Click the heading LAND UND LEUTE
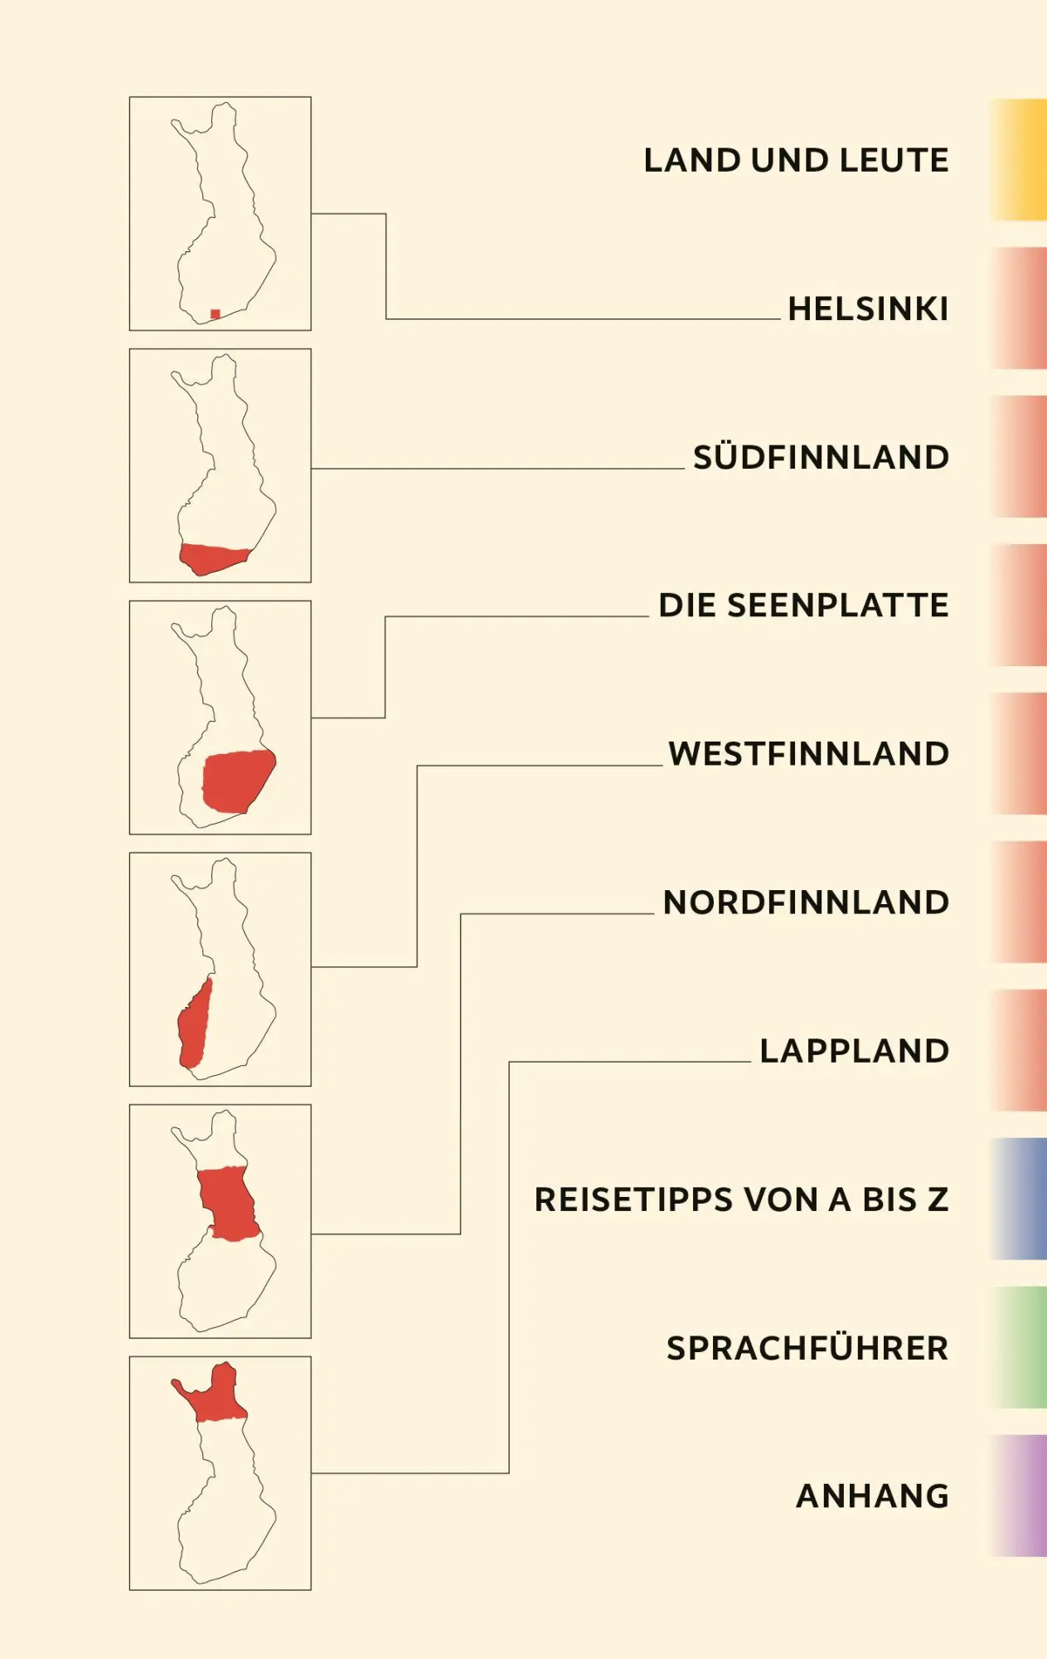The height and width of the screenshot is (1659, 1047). coord(796,161)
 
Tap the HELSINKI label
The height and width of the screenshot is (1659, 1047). coord(868,309)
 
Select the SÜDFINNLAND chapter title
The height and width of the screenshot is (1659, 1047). coord(821,456)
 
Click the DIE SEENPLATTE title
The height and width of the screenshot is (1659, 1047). coord(803,606)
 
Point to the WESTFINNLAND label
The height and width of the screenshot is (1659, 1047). coord(808,754)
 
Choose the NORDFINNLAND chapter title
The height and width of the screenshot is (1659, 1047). coord(806,902)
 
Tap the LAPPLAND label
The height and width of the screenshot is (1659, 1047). coord(854,1051)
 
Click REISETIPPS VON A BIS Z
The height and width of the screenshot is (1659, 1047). coord(741,1199)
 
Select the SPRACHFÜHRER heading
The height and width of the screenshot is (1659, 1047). coord(807,1347)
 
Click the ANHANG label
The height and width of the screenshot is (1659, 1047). coord(872,1496)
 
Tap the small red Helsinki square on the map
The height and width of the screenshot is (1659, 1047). coord(216,314)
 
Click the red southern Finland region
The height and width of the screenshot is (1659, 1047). coord(213,558)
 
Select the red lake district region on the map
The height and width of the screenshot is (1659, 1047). coord(238,781)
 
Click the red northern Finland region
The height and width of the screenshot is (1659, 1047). coord(227,1203)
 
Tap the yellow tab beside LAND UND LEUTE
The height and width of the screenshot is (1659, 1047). coord(1018,160)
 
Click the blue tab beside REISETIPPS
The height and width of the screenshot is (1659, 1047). coord(1018,1199)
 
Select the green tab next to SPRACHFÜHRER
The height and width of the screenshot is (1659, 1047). coord(1018,1347)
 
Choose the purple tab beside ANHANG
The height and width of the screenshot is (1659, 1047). coord(1018,1496)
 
